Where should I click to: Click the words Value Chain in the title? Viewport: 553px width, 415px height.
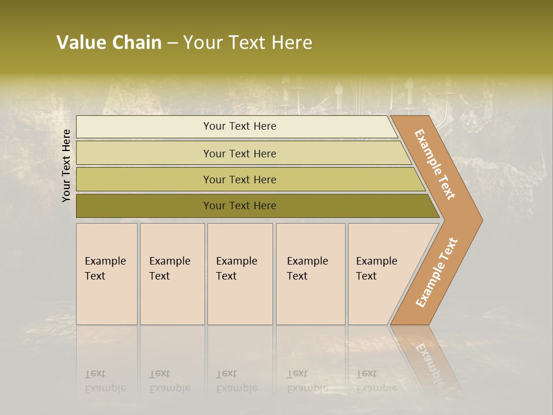(x=109, y=43)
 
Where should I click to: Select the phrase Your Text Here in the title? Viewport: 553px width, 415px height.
(x=248, y=43)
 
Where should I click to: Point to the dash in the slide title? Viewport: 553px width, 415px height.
(x=172, y=43)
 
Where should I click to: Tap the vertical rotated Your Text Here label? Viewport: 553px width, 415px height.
(x=66, y=165)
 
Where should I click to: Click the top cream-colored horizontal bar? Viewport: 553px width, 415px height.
(x=144, y=127)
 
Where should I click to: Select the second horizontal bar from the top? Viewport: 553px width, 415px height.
(x=144, y=153)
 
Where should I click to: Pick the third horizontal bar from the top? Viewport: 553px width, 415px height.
(x=144, y=179)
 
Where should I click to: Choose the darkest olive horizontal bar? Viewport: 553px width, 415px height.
(x=144, y=206)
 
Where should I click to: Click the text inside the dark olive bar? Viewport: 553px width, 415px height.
(x=240, y=206)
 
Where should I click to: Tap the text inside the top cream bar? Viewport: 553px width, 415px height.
(x=240, y=126)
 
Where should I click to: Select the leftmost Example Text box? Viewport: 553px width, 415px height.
(x=107, y=274)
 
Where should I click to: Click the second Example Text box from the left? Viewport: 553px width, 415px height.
(x=172, y=274)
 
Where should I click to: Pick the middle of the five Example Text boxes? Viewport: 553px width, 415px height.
(x=240, y=274)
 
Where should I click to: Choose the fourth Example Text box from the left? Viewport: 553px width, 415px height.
(x=310, y=274)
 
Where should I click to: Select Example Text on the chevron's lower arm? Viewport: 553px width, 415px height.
(x=437, y=273)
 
